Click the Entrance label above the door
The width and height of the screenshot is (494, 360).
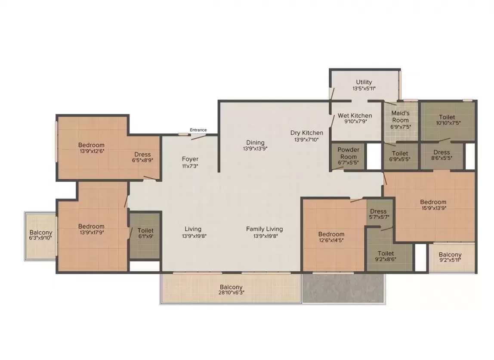(198, 130)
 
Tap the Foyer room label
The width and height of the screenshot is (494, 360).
(190, 159)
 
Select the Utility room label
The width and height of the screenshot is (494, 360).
(364, 82)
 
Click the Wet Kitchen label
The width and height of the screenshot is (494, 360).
(355, 116)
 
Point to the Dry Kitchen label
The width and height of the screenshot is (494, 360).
(306, 133)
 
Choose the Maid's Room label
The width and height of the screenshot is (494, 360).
(401, 117)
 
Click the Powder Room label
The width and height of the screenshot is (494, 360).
(349, 153)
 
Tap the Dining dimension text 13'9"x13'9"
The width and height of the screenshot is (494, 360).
(255, 149)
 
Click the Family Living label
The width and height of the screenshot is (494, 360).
(264, 229)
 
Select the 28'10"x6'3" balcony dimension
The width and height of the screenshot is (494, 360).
(231, 292)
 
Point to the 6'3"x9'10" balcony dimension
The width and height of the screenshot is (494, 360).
(40, 238)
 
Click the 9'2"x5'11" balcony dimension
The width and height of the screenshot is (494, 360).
(450, 260)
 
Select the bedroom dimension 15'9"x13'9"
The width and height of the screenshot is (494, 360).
(434, 208)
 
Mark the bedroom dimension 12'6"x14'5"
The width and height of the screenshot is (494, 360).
(331, 240)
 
